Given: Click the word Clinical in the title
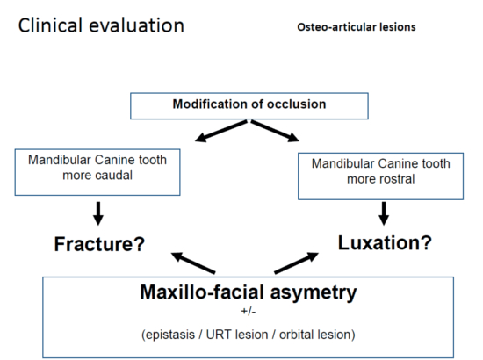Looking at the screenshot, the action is pyautogui.click(x=50, y=25).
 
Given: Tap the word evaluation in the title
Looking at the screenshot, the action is pyautogui.click(x=136, y=25).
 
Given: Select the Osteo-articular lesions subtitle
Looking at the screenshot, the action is pyautogui.click(x=357, y=27).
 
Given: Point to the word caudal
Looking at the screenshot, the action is pyautogui.click(x=112, y=176).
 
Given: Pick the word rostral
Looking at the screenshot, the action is pyautogui.click(x=395, y=179).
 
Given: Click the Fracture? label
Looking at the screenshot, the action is pyautogui.click(x=99, y=244).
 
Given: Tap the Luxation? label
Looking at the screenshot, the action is pyautogui.click(x=385, y=242).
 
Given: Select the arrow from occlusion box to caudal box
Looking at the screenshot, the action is pyautogui.click(x=220, y=131).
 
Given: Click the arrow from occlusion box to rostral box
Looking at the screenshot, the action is pyautogui.click(x=275, y=131).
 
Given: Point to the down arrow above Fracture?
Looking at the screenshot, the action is pyautogui.click(x=98, y=213).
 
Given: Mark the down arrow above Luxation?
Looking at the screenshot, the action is pyautogui.click(x=384, y=213).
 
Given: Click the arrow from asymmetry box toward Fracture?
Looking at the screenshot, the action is pyautogui.click(x=193, y=263).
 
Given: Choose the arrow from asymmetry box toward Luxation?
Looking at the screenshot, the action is pyautogui.click(x=296, y=263).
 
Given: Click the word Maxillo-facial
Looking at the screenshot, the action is pyautogui.click(x=202, y=292).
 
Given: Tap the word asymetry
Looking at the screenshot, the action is pyautogui.click(x=314, y=292).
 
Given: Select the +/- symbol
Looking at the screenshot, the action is pyautogui.click(x=249, y=312).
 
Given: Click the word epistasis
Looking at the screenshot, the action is pyautogui.click(x=169, y=335).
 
